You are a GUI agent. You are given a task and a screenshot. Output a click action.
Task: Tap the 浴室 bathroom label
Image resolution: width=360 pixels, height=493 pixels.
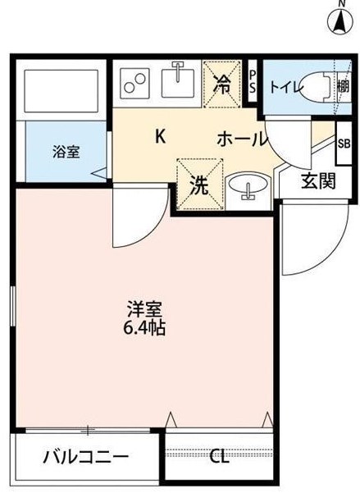click(66, 152)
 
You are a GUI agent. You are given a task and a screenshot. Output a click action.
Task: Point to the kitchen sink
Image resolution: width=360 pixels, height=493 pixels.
click(176, 81)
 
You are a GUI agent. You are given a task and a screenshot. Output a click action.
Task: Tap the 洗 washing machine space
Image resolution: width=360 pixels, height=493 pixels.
click(199, 185)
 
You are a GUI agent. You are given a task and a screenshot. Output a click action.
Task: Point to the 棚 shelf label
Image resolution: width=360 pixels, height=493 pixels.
click(342, 85)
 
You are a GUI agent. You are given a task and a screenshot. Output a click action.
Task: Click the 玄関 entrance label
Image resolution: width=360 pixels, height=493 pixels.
click(317, 181)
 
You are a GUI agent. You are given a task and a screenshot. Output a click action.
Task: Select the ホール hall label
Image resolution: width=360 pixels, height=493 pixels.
click(242, 139)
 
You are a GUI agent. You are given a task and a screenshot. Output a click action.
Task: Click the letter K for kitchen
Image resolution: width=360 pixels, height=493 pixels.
click(161, 136)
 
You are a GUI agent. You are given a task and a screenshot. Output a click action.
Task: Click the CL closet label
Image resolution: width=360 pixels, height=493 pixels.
click(219, 456)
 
